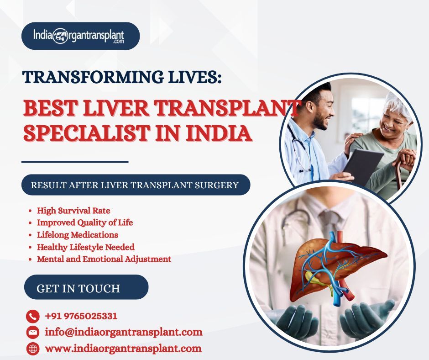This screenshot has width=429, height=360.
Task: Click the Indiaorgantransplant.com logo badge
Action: [x=80, y=36]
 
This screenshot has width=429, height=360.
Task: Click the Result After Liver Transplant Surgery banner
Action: [x=136, y=185]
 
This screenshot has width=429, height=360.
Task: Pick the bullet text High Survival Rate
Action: [x=73, y=211]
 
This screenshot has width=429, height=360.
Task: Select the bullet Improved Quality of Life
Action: [x=85, y=222]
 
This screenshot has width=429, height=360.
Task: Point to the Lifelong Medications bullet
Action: [x=78, y=235]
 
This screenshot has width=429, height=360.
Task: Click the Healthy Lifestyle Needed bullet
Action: [x=86, y=247]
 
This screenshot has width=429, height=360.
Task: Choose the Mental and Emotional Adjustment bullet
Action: [x=104, y=259]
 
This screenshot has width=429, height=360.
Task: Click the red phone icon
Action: [x=33, y=317]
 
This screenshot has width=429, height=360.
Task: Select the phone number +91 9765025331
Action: [x=81, y=316]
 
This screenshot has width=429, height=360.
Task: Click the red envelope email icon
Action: [x=33, y=332]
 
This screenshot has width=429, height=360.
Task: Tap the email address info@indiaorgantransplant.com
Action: [x=124, y=332]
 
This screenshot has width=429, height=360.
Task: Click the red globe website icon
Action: [x=33, y=349]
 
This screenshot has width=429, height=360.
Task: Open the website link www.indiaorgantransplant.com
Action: [x=123, y=349]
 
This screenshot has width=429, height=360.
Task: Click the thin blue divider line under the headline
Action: [x=75, y=162]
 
